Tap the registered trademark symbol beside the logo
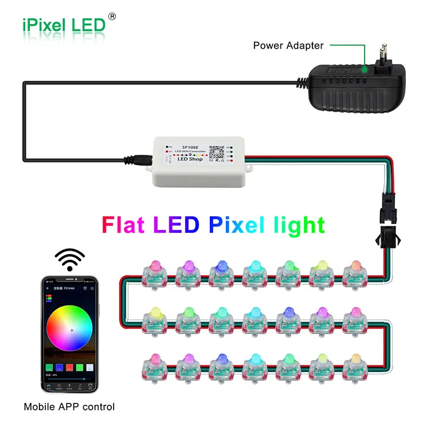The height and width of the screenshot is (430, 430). coord(111,17)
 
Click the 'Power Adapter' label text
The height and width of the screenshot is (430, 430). coord(288,45)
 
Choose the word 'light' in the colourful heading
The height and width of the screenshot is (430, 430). coord(298,225)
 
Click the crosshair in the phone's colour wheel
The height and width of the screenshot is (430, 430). coord(72,331)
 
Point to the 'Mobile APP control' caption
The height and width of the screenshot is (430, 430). coord(69,407)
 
